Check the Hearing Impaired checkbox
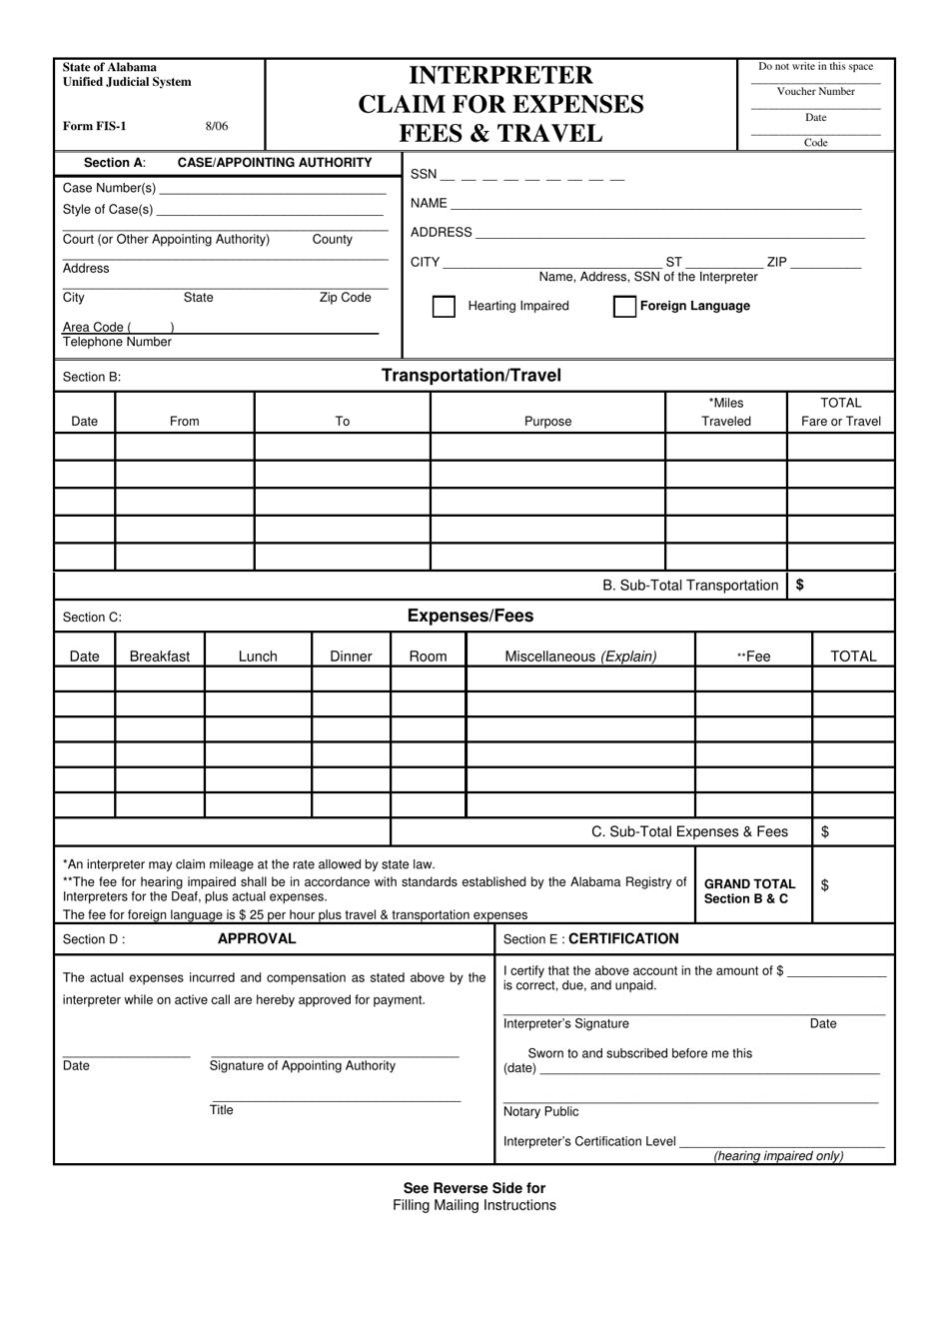point(444,307)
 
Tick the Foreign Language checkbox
point(624,307)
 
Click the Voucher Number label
point(815,92)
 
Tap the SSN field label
point(424,175)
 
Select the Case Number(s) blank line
point(272,189)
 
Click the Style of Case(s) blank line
point(270,210)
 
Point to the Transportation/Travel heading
point(472,376)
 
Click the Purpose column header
point(547,422)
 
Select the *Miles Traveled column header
point(726,412)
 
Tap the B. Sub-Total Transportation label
point(690,586)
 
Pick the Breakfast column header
point(160,657)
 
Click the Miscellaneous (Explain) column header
point(580,657)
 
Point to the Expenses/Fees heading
point(471,617)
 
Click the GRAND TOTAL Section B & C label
point(750,891)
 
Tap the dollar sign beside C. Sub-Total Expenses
point(825,831)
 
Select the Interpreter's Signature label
point(566,1024)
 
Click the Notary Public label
point(540,1112)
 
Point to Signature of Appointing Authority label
point(303,1066)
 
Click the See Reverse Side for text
point(474,1188)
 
